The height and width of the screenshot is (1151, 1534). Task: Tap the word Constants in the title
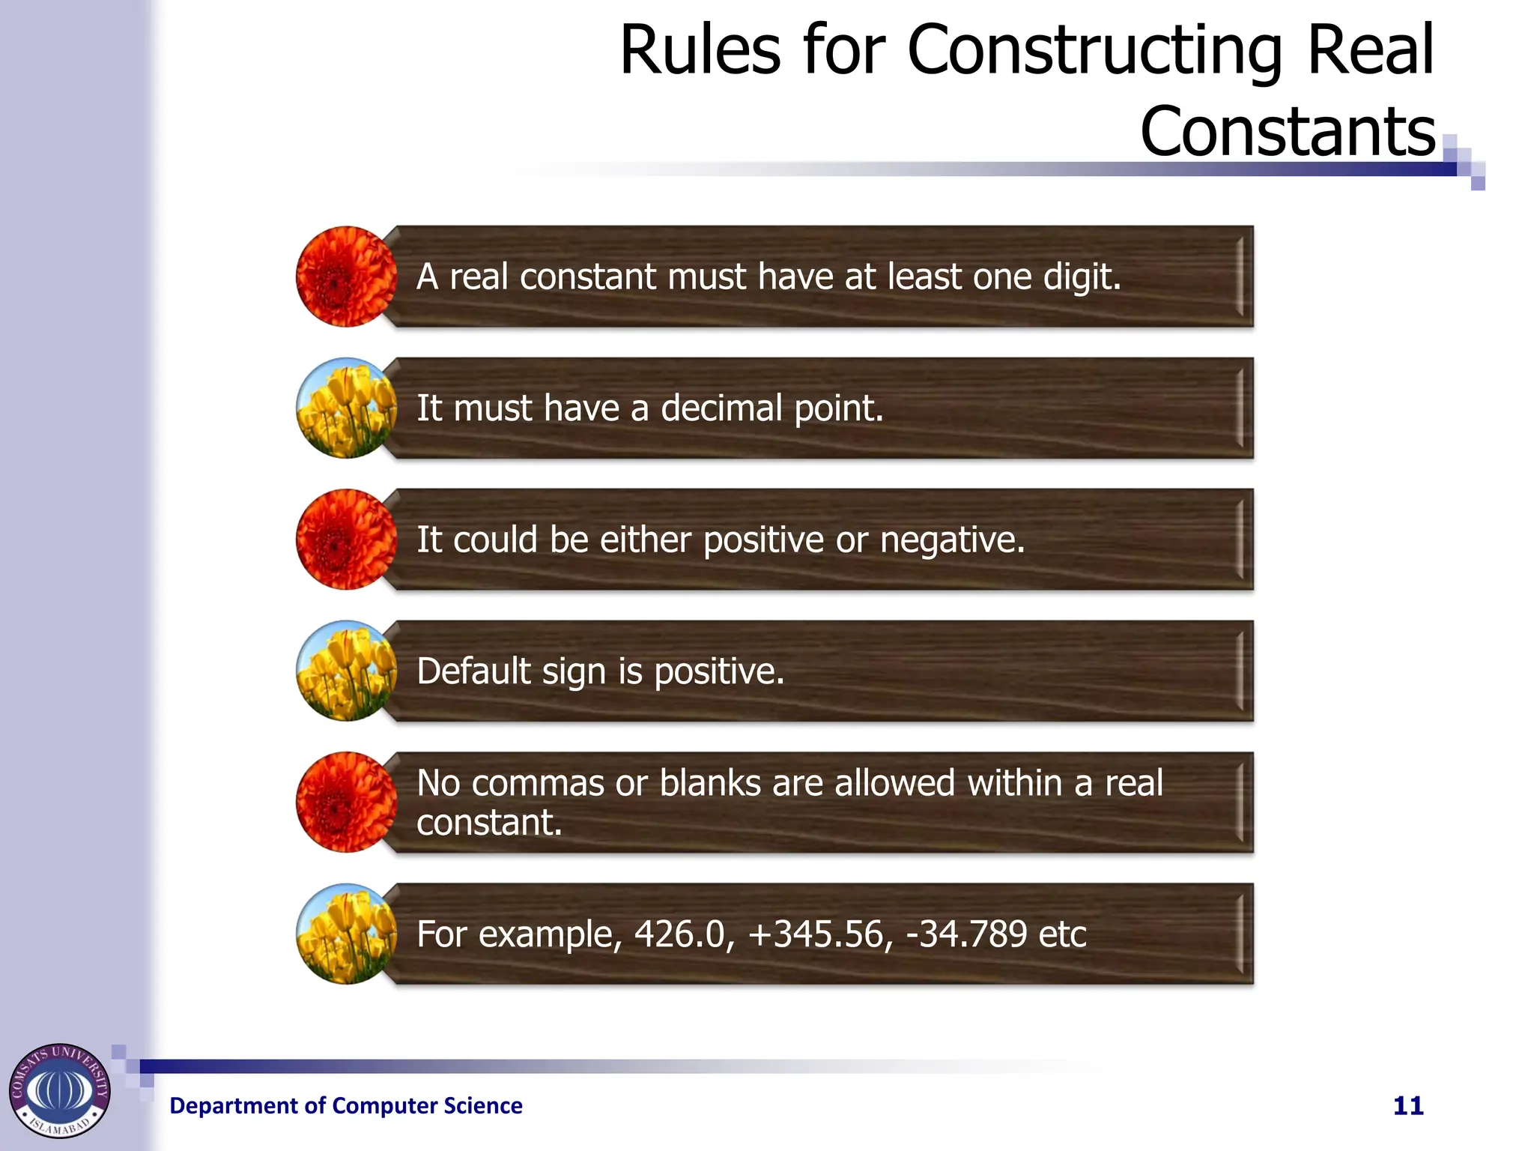coord(1288,132)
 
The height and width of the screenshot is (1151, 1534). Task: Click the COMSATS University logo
coord(59,1090)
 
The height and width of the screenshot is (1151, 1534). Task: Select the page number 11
coord(1408,1106)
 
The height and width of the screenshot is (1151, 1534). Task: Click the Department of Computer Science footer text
coord(346,1106)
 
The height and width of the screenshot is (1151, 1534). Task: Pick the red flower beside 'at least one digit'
coord(346,277)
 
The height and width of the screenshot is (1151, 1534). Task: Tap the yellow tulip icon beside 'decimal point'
coord(346,408)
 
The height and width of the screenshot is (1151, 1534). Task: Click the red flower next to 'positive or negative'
coord(346,540)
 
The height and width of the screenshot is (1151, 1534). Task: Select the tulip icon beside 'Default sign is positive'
coord(346,671)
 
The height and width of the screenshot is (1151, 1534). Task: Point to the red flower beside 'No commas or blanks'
coord(346,802)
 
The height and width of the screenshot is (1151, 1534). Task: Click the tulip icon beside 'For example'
coord(346,934)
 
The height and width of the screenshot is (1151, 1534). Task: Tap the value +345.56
coord(821,934)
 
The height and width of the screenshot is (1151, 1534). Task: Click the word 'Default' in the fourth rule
coord(473,671)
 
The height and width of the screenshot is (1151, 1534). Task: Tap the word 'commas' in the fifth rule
coord(537,784)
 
